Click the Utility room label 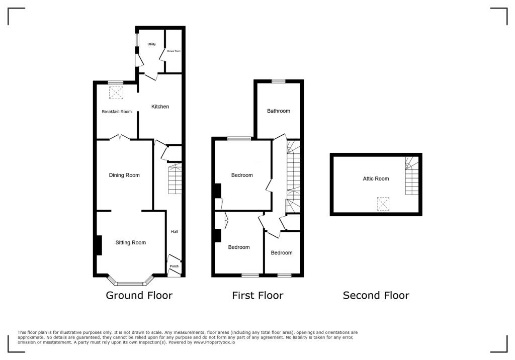click(151, 44)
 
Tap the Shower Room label click(174, 51)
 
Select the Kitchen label click(160, 107)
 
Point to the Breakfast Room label click(117, 112)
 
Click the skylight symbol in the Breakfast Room click(116, 93)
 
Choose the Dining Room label click(124, 175)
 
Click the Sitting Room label click(130, 243)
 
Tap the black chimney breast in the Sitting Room click(99, 245)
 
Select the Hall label click(175, 232)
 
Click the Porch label click(174, 266)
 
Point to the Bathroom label click(279, 111)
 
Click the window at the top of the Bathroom click(278, 81)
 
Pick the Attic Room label click(376, 178)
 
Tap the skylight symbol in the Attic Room click(383, 204)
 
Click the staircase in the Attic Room click(412, 176)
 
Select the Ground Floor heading click(139, 296)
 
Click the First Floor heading click(257, 296)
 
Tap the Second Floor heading click(376, 296)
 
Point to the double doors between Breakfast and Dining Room click(121, 137)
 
